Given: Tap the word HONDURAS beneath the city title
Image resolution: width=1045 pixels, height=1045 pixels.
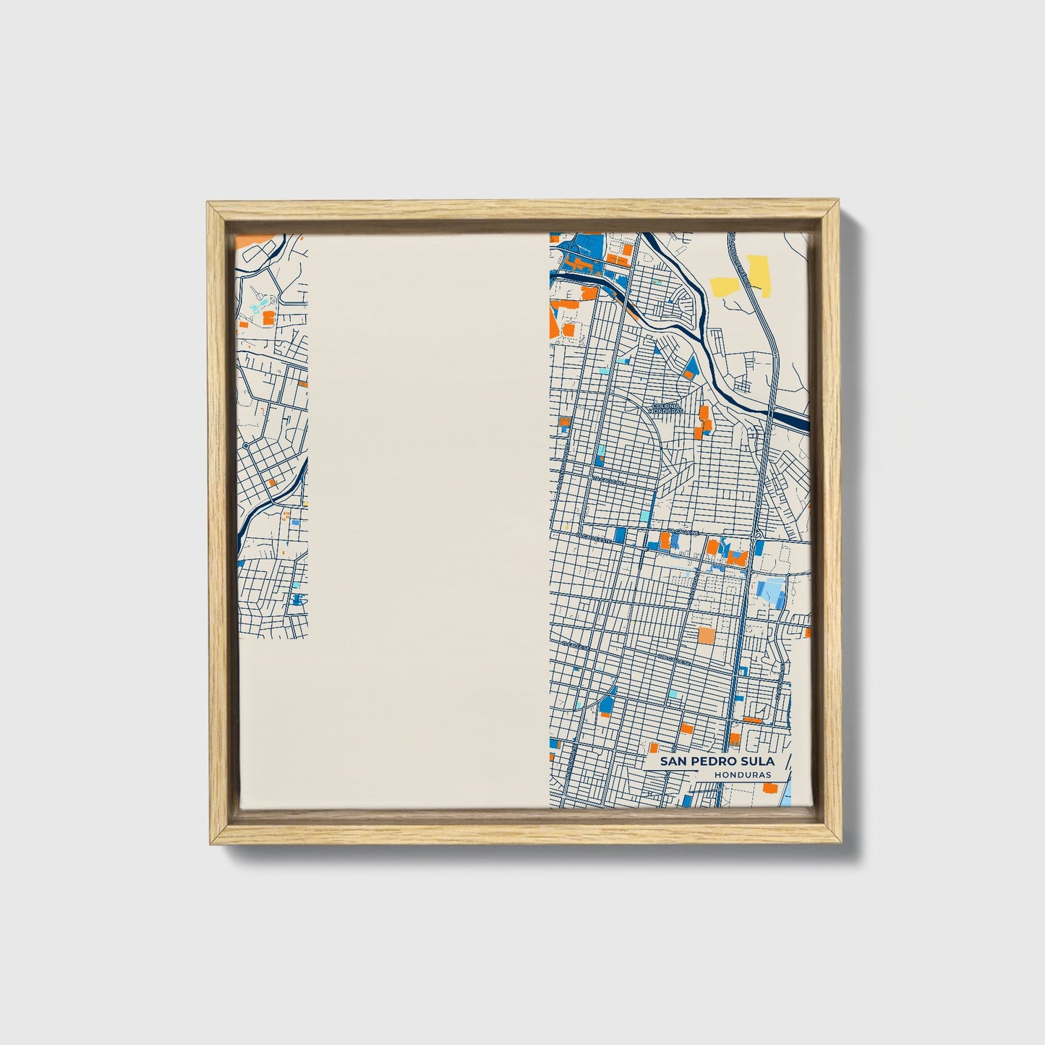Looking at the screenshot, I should click(x=741, y=775).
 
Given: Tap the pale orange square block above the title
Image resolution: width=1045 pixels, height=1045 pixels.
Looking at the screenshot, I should click(x=705, y=636).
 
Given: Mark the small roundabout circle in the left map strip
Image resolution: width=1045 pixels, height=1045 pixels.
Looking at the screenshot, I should click(x=246, y=446).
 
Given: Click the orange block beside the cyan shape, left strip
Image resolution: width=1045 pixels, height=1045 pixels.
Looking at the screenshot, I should click(x=268, y=317).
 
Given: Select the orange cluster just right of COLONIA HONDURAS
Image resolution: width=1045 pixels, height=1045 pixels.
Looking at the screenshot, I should click(x=702, y=422).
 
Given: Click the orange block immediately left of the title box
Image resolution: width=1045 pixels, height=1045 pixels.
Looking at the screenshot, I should click(x=654, y=748).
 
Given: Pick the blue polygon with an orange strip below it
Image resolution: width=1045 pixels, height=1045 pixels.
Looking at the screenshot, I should click(x=606, y=699).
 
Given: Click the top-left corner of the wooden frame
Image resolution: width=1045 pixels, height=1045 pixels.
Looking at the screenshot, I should click(x=209, y=205).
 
